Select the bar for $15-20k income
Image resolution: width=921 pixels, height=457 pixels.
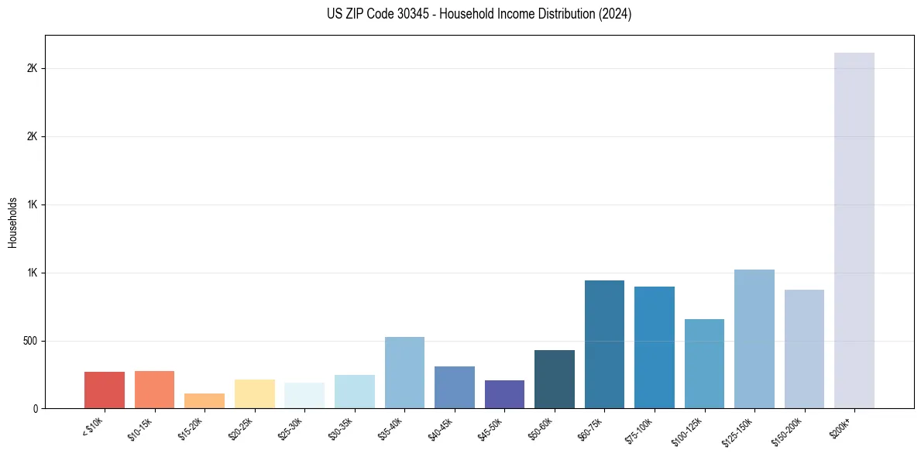(x=204, y=400)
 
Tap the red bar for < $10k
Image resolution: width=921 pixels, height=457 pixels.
(x=105, y=390)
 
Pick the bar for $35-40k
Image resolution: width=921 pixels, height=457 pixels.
(x=404, y=373)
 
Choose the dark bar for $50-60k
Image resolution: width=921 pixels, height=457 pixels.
(x=555, y=379)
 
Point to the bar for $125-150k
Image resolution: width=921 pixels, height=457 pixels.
(x=754, y=338)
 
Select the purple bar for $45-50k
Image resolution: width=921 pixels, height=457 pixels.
(x=504, y=394)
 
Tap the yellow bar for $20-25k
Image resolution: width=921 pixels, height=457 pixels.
(x=255, y=393)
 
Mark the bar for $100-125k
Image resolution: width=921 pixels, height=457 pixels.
(x=704, y=363)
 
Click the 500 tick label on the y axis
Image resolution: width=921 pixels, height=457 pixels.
(x=30, y=341)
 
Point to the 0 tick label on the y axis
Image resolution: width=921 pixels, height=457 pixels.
(x=36, y=409)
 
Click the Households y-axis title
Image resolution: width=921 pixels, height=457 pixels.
(x=12, y=222)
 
